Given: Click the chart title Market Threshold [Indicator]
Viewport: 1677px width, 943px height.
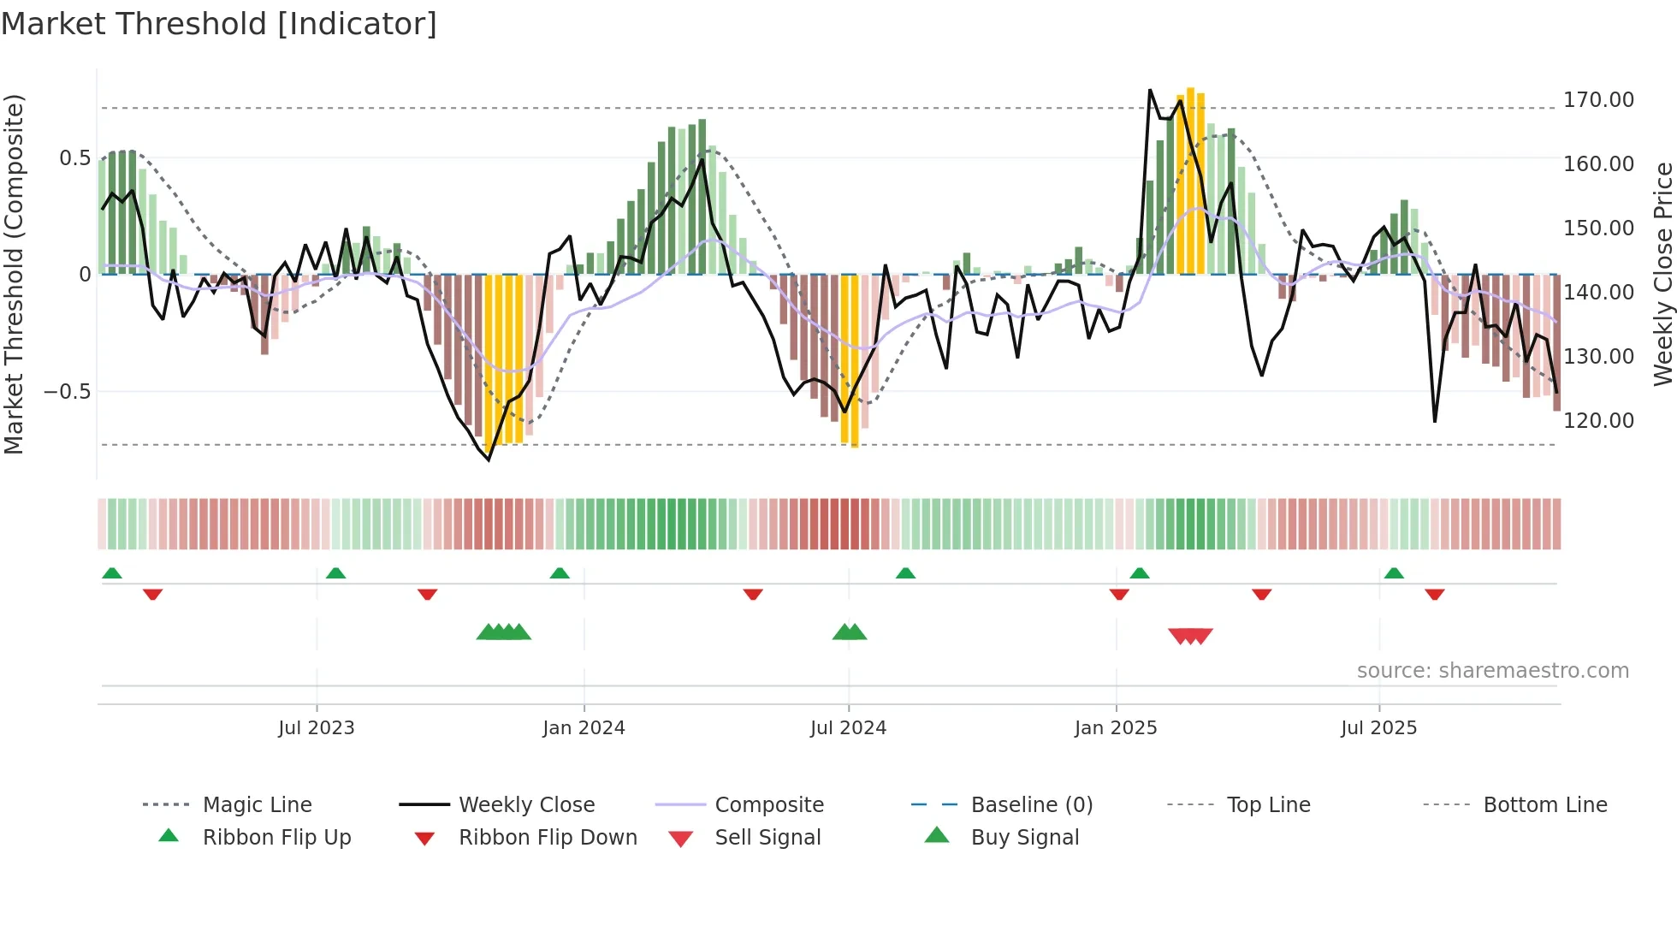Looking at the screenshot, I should point(219,24).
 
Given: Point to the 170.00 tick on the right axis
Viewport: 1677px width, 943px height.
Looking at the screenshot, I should point(1598,100).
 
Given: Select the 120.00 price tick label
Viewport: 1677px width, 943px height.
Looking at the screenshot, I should point(1598,421).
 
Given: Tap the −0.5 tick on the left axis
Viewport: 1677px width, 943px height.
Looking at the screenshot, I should point(67,392).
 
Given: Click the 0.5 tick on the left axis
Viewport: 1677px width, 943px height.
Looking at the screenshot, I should point(74,158).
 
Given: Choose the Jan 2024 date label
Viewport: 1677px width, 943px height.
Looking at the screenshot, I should point(584,728).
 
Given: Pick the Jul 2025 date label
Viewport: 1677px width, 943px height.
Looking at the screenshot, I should point(1378,728).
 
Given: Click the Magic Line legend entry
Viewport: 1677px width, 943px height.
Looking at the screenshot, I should point(257,805).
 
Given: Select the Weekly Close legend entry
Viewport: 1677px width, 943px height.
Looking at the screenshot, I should point(526,805).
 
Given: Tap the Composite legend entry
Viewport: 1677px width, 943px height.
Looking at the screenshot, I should point(769,805).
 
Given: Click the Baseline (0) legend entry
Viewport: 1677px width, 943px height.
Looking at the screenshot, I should point(1031,805).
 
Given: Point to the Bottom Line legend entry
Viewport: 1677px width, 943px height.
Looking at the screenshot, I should point(1544,805).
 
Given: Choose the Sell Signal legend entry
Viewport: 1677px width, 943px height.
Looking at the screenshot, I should point(767,838).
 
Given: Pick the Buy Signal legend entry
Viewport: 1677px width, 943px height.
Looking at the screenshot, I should point(1024,838).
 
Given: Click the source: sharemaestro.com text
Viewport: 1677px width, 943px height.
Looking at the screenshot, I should point(1492,671).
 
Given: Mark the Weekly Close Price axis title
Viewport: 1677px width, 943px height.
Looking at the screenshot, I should point(1662,274).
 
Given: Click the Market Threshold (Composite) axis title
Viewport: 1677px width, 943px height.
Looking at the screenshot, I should point(14,274).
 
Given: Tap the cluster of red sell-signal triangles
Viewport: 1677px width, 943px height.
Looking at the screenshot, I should point(1190,636).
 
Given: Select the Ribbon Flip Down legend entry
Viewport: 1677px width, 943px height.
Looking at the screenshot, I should point(548,838).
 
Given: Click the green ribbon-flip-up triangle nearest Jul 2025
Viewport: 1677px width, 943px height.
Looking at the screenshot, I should point(1394,573).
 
